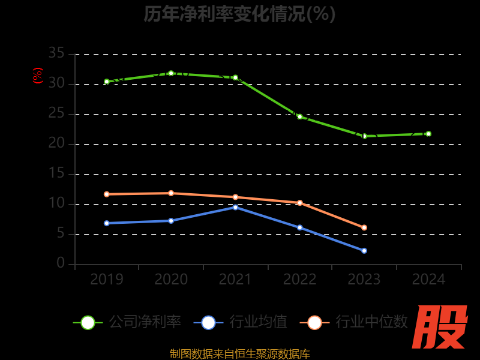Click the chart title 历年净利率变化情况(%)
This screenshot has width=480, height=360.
(239, 14)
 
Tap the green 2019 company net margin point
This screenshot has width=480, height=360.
(107, 82)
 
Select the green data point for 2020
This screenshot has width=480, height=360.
(171, 73)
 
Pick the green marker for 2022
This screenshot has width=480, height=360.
(300, 116)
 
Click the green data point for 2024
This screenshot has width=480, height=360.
(428, 134)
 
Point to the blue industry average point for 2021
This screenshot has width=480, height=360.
(235, 207)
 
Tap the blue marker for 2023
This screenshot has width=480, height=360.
(364, 251)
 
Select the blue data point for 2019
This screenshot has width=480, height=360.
(107, 223)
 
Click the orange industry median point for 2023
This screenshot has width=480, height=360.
(364, 227)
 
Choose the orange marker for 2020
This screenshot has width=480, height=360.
(171, 193)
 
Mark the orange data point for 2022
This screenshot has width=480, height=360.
(300, 203)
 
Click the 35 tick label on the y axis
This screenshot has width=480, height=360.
(56, 54)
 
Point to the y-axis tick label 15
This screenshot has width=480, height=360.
(56, 174)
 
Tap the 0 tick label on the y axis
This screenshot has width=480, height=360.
(61, 264)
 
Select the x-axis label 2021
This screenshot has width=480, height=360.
(235, 280)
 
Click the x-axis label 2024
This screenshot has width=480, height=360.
(428, 280)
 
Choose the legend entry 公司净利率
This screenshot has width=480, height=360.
(127, 322)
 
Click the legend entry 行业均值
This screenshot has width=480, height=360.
(241, 322)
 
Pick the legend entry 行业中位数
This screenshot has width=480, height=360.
(358, 322)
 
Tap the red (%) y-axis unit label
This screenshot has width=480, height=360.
(38, 76)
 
